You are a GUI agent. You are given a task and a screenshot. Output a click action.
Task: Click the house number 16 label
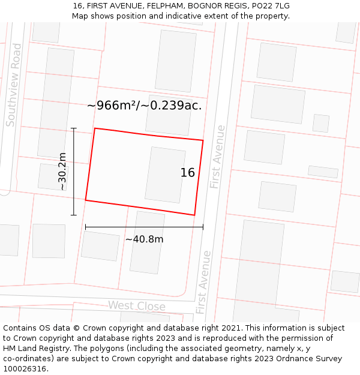coord(188,173)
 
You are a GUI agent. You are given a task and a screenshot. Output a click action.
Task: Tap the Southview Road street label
coord(14,85)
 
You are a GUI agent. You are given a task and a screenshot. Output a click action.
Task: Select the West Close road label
coord(136,306)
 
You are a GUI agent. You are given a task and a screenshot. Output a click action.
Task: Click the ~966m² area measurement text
coord(144,106)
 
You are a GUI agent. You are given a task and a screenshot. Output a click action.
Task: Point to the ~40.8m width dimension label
coord(144,239)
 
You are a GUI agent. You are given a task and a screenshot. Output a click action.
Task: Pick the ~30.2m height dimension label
coord(62,172)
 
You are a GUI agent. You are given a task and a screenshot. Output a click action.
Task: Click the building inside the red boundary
coord(165,175)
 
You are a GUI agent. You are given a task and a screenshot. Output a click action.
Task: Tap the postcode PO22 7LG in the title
coord(269,5)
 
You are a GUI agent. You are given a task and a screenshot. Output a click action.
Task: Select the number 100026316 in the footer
coord(25,368)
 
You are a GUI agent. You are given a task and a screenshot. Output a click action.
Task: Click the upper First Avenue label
coord(217,157)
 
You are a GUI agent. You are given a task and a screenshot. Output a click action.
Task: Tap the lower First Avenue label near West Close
coord(203,282)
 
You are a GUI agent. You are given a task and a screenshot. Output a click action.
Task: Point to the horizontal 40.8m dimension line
coord(144,227)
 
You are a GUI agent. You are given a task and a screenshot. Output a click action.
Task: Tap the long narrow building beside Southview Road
coord(56,103)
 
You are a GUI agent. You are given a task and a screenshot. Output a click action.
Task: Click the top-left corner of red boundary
coord(95,128)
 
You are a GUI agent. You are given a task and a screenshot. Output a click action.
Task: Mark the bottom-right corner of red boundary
coord(194,215)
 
